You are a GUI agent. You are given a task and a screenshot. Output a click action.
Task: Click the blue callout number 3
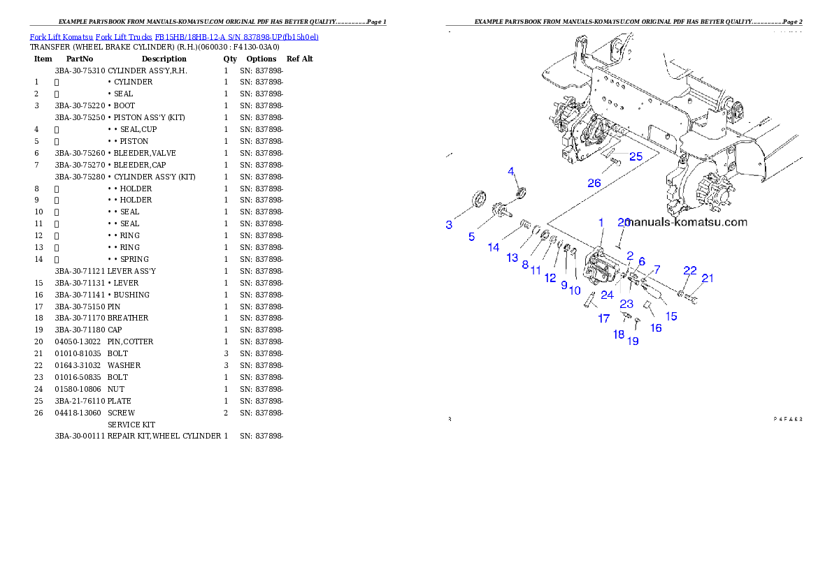click(x=449, y=225)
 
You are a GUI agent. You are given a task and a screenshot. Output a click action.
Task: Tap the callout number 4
click(x=511, y=171)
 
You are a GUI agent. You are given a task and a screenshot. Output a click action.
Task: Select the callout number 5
click(x=472, y=237)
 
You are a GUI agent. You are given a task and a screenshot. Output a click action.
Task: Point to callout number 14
click(x=494, y=247)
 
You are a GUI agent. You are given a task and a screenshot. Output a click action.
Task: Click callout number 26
click(x=594, y=183)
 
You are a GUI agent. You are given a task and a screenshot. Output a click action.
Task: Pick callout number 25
click(x=635, y=156)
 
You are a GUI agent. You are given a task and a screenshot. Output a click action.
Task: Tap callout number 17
click(x=603, y=318)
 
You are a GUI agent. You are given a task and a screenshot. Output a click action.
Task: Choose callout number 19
click(x=633, y=341)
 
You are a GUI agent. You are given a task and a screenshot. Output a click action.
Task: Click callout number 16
click(x=656, y=328)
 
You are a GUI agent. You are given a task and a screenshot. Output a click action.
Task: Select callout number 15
click(x=671, y=316)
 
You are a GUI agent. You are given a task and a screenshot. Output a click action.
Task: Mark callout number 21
click(x=708, y=278)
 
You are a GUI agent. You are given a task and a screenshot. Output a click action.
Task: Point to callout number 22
click(x=690, y=270)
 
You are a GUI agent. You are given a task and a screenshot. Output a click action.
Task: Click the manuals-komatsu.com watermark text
click(x=687, y=223)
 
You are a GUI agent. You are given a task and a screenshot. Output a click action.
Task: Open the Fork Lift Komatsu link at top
click(x=174, y=36)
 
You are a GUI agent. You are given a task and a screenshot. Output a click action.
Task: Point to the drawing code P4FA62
click(x=787, y=420)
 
